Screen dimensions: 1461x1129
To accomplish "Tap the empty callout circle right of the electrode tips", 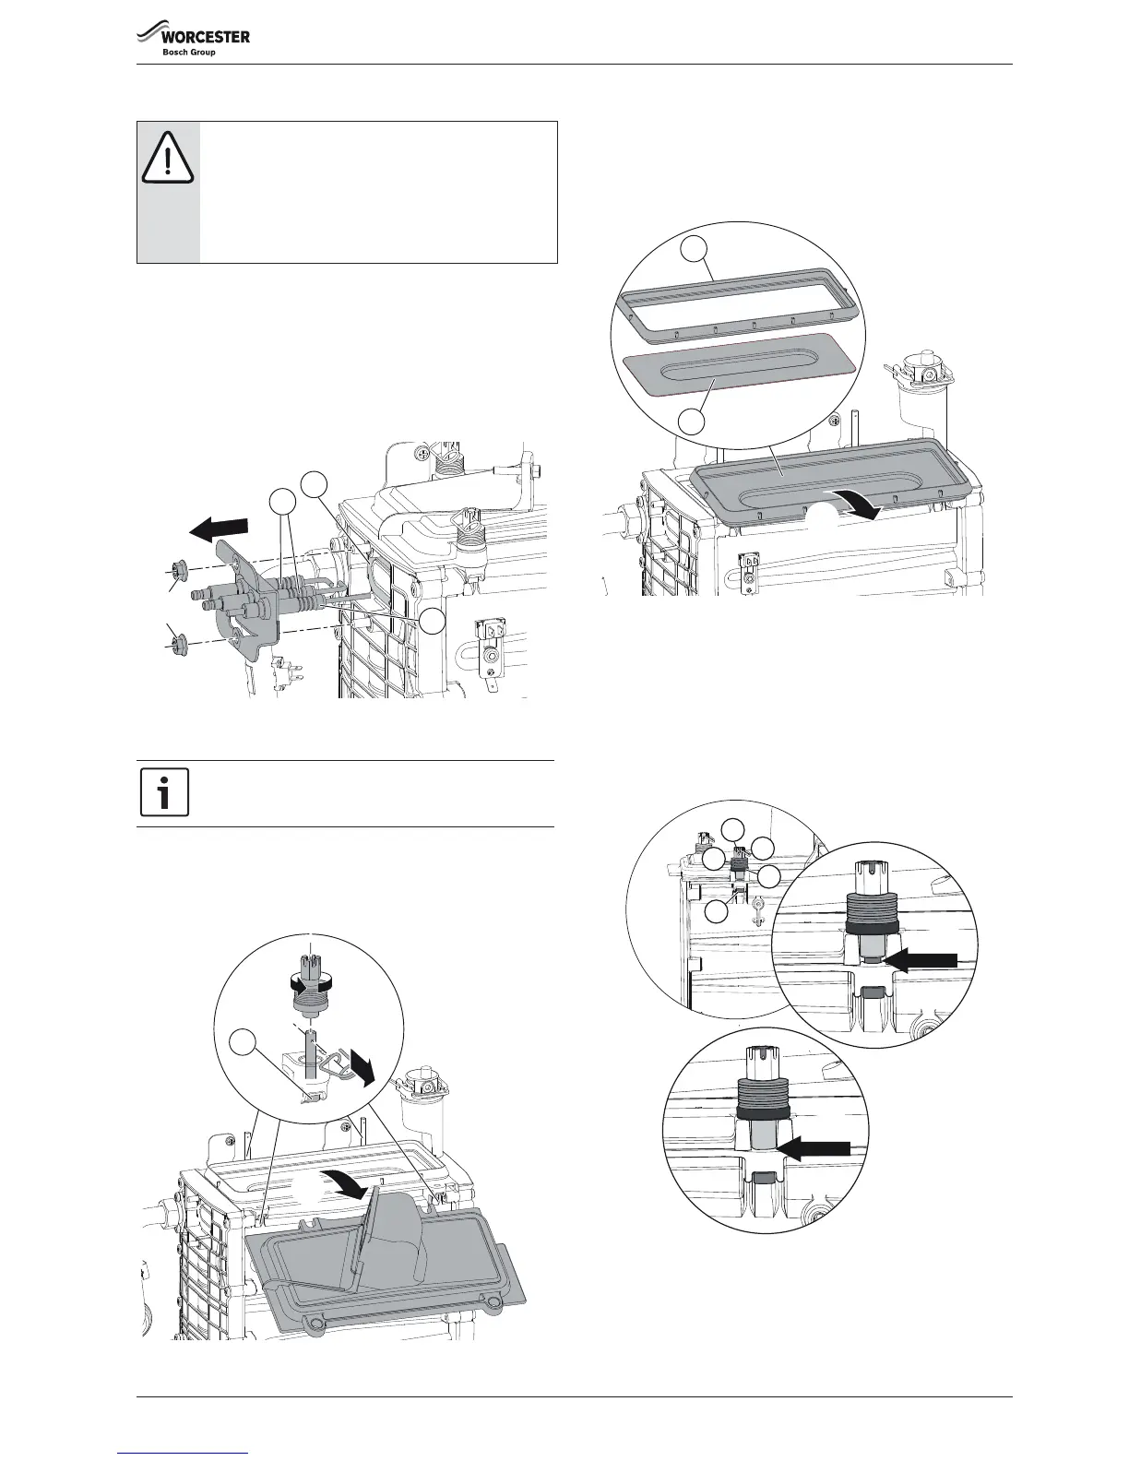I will (433, 620).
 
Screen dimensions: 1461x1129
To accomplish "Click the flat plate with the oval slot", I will (729, 366).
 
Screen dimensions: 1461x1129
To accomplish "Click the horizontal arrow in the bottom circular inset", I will (813, 1147).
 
